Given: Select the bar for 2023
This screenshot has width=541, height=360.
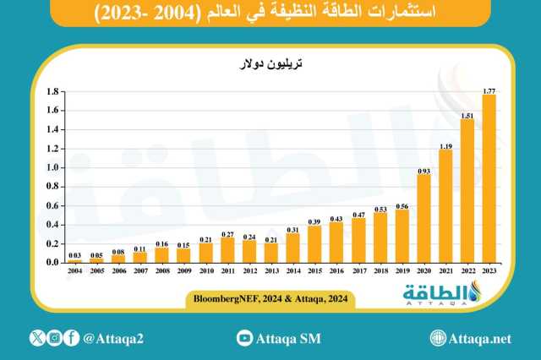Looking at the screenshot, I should [488, 179].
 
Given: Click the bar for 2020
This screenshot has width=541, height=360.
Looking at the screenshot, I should [424, 219].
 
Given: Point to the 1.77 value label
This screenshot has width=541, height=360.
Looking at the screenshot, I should [488, 90].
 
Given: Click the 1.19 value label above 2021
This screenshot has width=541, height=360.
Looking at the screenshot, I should [445, 145].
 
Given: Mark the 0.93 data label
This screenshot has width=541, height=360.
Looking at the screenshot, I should [424, 170].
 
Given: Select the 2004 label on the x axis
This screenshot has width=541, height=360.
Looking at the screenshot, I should [75, 270].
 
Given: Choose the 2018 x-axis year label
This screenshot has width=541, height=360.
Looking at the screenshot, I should [380, 270].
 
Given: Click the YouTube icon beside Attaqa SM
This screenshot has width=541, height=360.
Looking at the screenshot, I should [244, 338].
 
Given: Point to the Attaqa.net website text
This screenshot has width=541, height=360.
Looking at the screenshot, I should [483, 338].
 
